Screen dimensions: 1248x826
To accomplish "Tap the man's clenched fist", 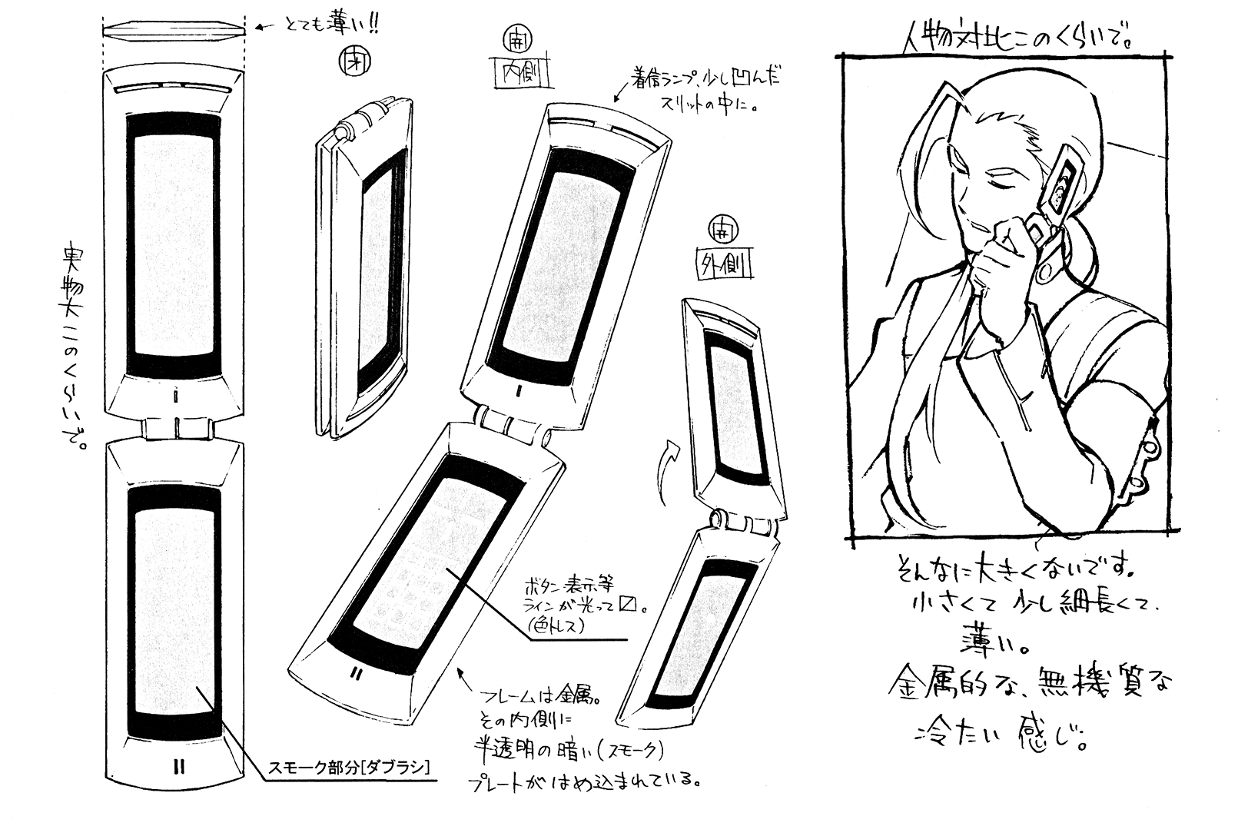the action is (1003, 257).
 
